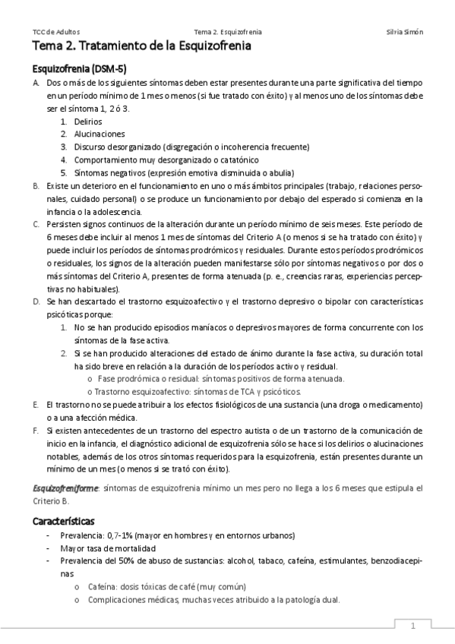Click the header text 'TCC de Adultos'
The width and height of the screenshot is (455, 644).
55,33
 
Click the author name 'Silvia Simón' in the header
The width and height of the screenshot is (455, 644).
405,33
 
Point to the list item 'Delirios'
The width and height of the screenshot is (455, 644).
88,121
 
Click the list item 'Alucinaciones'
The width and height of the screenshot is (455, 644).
100,134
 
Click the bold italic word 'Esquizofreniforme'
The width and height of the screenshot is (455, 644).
65,488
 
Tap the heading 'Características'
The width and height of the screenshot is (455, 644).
63,522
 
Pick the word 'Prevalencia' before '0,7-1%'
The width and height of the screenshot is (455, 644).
82,535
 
